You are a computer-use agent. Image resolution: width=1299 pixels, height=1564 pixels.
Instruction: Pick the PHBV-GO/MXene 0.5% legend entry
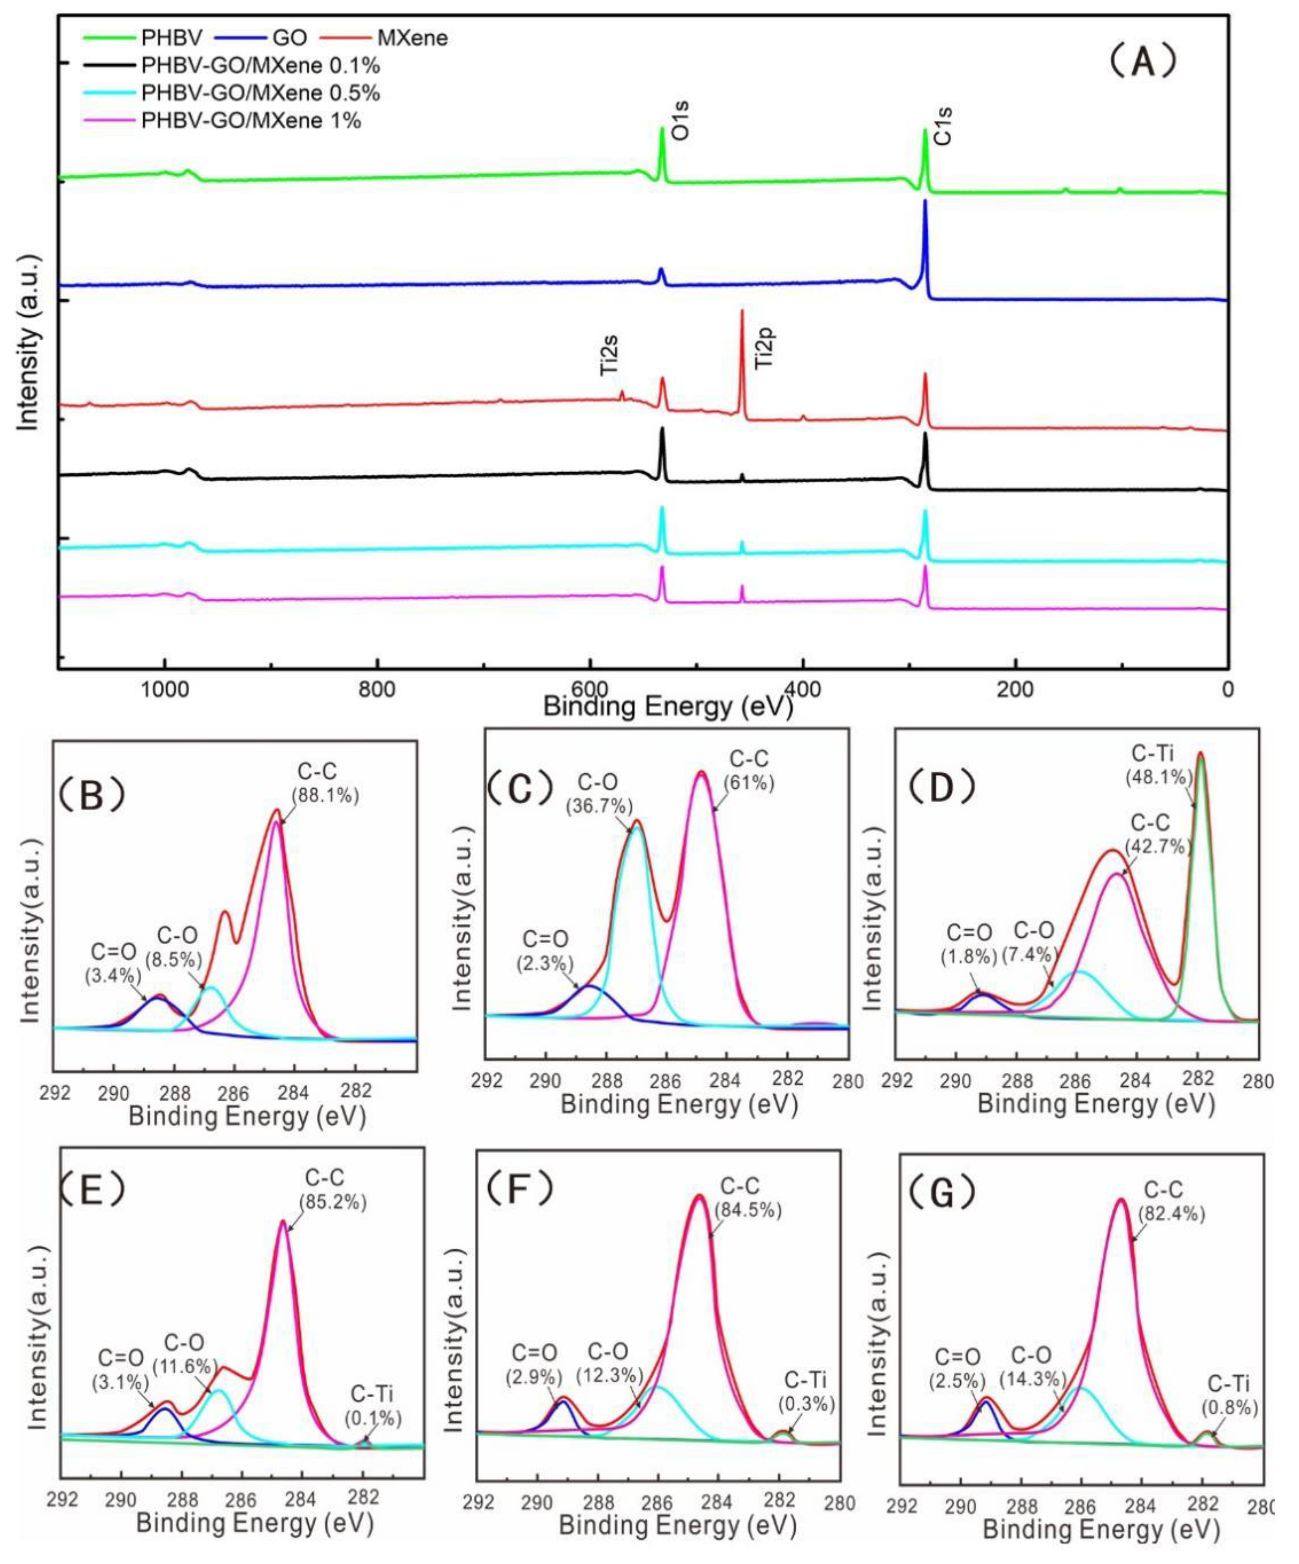click(261, 93)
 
